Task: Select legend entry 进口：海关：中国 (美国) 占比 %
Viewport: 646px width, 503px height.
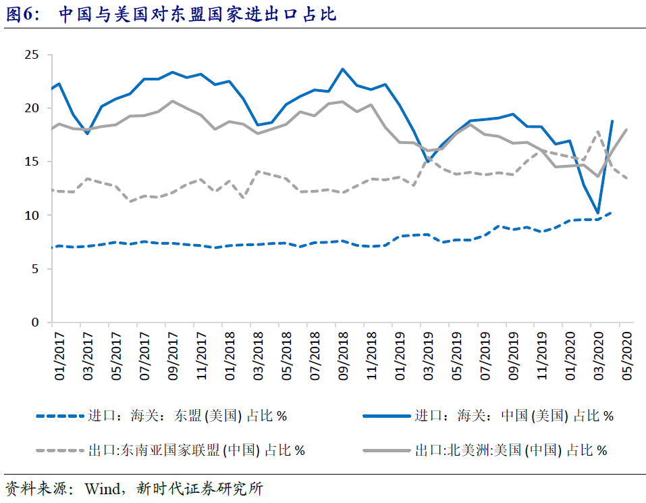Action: click(x=514, y=416)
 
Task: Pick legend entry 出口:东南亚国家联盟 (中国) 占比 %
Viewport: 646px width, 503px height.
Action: click(x=196, y=450)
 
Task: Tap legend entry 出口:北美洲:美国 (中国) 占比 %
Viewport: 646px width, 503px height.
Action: click(x=510, y=450)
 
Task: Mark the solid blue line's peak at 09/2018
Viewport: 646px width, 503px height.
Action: click(x=343, y=69)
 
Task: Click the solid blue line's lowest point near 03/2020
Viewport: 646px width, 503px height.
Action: click(x=598, y=213)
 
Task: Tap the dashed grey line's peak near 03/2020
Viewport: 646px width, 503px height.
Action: click(x=598, y=132)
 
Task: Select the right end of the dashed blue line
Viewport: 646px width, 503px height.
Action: click(x=612, y=212)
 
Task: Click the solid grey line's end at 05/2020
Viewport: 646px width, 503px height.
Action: click(x=627, y=130)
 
